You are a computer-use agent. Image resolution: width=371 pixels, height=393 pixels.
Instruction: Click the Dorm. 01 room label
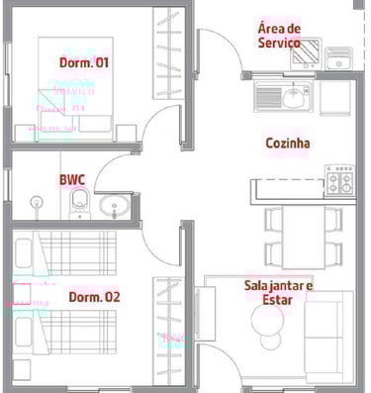84,62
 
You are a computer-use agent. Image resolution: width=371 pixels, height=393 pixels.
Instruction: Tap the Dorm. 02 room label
94,297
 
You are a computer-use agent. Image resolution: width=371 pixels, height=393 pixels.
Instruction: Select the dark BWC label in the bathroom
72,180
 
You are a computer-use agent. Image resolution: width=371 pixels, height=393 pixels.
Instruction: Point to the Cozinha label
288,144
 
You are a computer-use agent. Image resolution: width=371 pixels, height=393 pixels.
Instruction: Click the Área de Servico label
279,36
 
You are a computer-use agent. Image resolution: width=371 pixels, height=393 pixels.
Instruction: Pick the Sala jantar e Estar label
278,293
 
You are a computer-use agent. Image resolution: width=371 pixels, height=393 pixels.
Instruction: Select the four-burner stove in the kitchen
340,180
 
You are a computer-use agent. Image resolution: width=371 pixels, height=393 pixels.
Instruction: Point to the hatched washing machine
306,53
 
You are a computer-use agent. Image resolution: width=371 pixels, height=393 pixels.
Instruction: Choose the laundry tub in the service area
338,58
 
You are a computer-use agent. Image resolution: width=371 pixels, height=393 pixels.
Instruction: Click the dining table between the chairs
304,237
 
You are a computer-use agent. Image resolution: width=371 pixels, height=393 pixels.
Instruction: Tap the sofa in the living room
328,338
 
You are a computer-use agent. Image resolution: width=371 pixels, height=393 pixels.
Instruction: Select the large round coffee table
267,320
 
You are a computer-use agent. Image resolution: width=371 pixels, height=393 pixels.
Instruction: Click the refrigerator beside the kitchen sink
334,98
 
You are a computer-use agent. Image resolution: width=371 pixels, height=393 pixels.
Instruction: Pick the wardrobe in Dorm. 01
168,53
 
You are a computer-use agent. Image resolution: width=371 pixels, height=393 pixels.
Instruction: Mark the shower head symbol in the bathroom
37,202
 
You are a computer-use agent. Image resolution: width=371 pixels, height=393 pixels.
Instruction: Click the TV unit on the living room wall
205,314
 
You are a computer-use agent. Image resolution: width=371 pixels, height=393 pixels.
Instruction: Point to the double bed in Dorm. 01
75,89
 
